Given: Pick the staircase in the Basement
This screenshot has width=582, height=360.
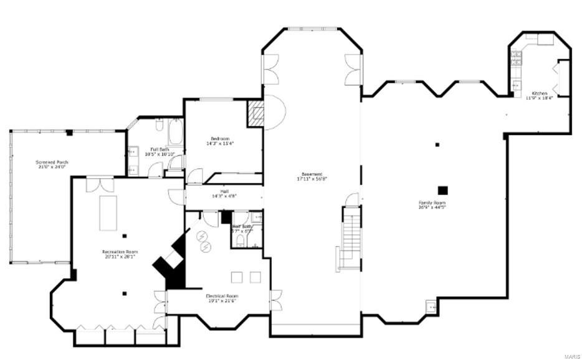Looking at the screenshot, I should [x=351, y=239].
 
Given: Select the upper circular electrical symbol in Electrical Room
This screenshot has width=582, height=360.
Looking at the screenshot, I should [x=203, y=236].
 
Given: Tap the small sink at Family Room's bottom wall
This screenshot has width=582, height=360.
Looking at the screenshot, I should [x=431, y=306].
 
